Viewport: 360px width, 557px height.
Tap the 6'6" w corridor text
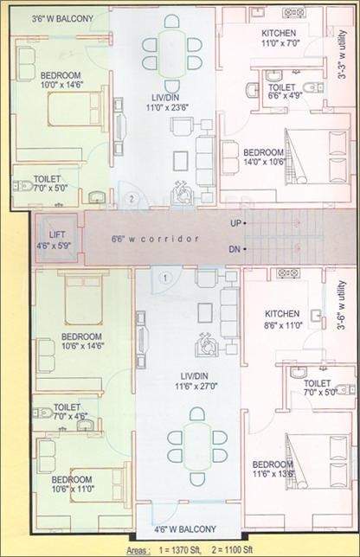click(x=156, y=239)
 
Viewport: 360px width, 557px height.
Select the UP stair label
click(x=235, y=223)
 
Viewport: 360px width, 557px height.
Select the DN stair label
click(x=235, y=249)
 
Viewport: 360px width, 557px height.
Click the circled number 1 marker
click(x=169, y=277)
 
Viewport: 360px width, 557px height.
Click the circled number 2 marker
click(x=131, y=198)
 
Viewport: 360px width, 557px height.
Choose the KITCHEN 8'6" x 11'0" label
click(x=282, y=319)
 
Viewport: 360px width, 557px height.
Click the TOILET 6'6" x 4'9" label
click(x=282, y=92)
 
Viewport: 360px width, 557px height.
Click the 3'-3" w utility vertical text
click(x=344, y=61)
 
